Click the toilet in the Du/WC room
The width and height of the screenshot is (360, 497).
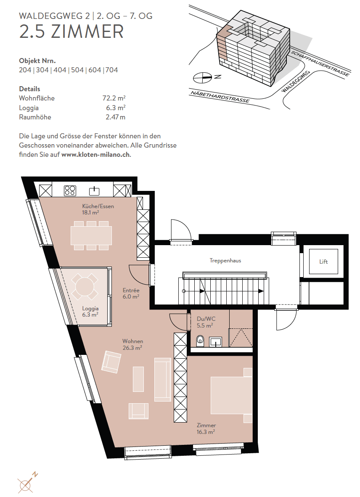pyautogui.click(x=200, y=341)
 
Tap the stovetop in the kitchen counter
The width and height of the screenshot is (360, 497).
pyautogui.click(x=70, y=190)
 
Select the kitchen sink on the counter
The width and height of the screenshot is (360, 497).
pyautogui.click(x=94, y=191)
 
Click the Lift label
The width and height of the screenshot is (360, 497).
pyautogui.click(x=323, y=262)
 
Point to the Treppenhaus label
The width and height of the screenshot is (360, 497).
pyautogui.click(x=225, y=261)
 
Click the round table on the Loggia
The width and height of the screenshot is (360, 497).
pyautogui.click(x=85, y=286)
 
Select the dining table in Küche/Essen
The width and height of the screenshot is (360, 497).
pyautogui.click(x=91, y=235)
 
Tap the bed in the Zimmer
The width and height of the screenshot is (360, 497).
pyautogui.click(x=232, y=395)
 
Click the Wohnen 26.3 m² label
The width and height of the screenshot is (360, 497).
pyautogui.click(x=132, y=344)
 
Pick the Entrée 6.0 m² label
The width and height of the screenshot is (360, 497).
pyautogui.click(x=131, y=293)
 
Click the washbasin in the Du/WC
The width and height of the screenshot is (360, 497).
pyautogui.click(x=216, y=342)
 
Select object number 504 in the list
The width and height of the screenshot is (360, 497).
pyautogui.click(x=77, y=70)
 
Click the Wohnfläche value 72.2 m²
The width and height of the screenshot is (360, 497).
pyautogui.click(x=114, y=98)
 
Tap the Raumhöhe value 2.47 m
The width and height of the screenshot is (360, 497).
pyautogui.click(x=115, y=117)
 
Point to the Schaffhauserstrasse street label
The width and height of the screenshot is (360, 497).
pyautogui.click(x=320, y=63)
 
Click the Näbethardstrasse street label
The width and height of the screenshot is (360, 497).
pyautogui.click(x=220, y=96)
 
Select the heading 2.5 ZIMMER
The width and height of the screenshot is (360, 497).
pyautogui.click(x=71, y=32)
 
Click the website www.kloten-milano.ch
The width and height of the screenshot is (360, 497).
pyautogui.click(x=96, y=155)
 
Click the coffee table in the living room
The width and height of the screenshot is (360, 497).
pyautogui.click(x=138, y=379)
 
